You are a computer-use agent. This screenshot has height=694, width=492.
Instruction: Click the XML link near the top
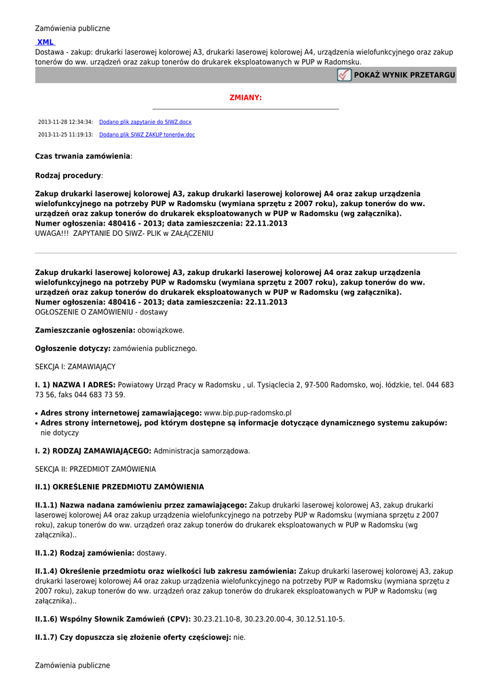point(45,42)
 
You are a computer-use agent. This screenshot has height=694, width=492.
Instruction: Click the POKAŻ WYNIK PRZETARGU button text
point(404,75)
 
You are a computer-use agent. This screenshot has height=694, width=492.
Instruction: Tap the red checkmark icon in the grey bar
point(344,75)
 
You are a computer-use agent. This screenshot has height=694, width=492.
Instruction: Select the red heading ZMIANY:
point(246,98)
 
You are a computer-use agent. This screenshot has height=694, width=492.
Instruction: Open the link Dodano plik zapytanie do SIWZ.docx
point(145,122)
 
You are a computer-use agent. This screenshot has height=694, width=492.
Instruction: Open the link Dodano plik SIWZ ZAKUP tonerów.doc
point(147,135)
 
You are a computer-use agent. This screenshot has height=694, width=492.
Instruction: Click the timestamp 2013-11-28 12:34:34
point(65,122)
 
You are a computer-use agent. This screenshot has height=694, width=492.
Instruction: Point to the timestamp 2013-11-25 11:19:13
point(65,135)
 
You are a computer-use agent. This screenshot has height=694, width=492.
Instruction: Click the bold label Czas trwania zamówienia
point(82,156)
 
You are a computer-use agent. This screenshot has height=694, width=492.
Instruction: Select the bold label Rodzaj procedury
point(68,176)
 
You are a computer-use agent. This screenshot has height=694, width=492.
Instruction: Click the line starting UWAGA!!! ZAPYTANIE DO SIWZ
point(124,233)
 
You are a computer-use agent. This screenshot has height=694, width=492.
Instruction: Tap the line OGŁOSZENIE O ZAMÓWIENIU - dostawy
point(101,312)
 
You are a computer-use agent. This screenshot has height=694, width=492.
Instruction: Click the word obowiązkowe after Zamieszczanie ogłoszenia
point(161,330)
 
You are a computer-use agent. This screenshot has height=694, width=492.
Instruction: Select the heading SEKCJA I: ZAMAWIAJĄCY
point(75,366)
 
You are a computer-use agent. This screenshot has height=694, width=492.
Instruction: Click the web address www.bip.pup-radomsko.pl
point(248,413)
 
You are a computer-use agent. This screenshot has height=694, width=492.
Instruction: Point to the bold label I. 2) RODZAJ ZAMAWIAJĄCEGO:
point(93,451)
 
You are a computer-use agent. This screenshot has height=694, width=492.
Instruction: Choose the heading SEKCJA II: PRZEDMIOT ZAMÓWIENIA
point(95,469)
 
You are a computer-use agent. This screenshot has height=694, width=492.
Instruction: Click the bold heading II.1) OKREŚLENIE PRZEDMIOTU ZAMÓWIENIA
point(119,487)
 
